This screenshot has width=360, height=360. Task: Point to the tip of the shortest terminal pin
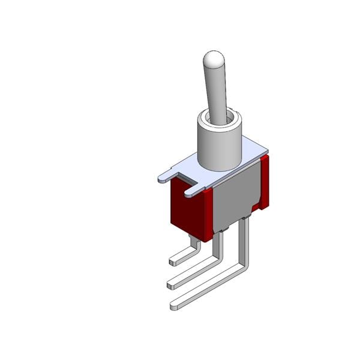tap(174, 262)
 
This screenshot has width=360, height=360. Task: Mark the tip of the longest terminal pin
tap(174, 307)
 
